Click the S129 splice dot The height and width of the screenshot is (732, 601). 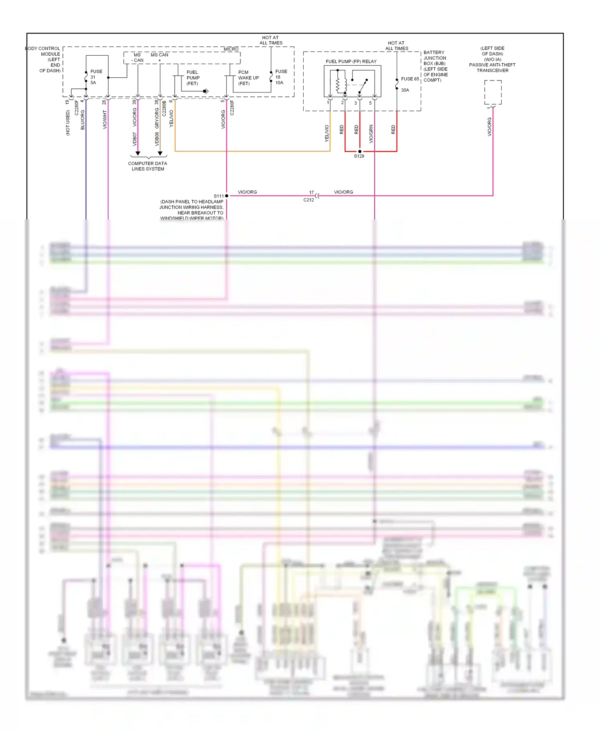(x=359, y=151)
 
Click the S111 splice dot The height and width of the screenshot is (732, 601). (x=227, y=196)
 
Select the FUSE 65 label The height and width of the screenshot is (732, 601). (x=409, y=79)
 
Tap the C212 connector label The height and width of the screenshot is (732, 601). (x=309, y=200)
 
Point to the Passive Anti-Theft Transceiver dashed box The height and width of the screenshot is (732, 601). (x=493, y=92)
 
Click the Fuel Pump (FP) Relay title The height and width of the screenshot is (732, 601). (x=351, y=61)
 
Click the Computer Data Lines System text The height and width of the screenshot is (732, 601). (x=147, y=166)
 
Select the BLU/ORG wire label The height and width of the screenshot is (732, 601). (x=83, y=120)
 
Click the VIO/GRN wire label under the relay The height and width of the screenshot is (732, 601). (x=371, y=134)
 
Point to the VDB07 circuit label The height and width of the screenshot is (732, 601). (x=135, y=139)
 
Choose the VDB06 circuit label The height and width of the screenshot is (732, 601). (x=157, y=139)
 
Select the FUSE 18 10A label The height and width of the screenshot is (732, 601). (x=280, y=77)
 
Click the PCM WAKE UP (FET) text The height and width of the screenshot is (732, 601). (x=248, y=78)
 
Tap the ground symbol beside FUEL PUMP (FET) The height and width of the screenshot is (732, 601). (x=206, y=91)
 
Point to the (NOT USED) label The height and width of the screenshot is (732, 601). (x=68, y=123)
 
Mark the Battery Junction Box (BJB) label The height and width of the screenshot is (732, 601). (x=435, y=66)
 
